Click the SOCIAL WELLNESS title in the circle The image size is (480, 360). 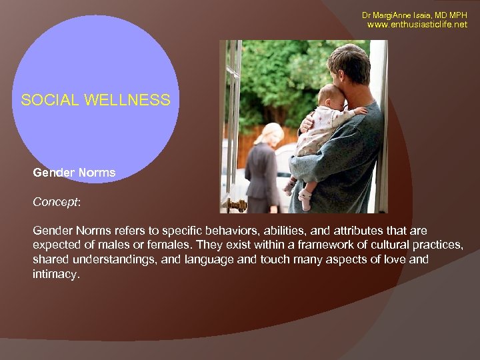click(x=95, y=101)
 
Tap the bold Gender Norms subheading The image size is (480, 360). click(x=74, y=173)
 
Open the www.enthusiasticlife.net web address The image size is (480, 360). click(x=417, y=25)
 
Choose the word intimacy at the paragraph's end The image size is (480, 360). click(x=55, y=274)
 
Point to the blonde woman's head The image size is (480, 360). click(x=273, y=131)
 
